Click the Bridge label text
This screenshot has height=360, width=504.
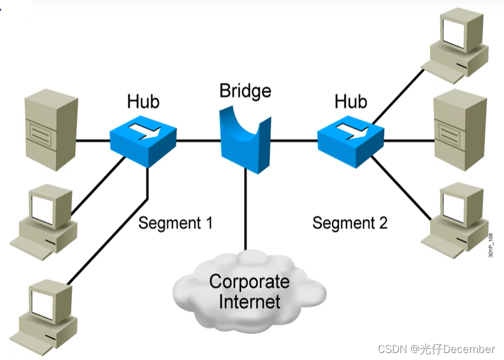tap(245, 91)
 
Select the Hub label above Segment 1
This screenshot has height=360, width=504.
tap(143, 102)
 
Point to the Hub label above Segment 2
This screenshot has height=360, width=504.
tap(351, 102)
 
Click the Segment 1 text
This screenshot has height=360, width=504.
tap(176, 223)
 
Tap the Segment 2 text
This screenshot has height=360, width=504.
tap(349, 223)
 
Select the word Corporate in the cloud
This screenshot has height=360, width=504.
tap(249, 282)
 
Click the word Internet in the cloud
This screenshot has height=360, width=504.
tap(249, 301)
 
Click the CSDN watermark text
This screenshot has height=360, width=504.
tap(437, 349)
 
